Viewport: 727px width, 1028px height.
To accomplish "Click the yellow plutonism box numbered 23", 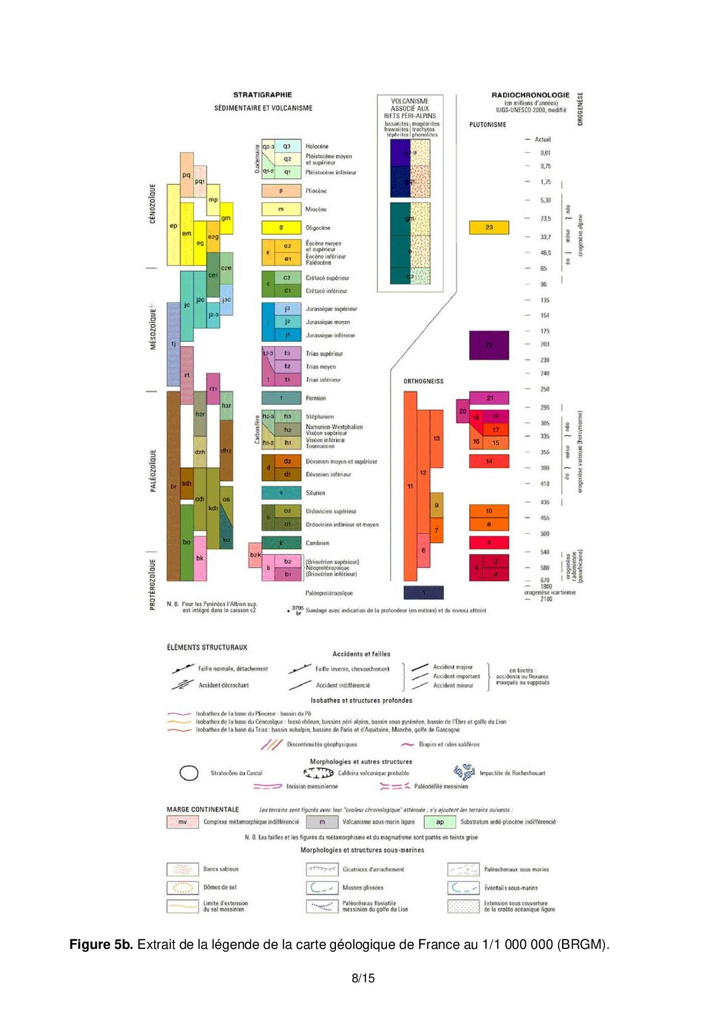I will (488, 227).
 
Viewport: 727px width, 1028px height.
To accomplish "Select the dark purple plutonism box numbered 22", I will (488, 345).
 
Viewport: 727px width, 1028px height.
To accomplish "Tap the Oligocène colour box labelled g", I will (281, 227).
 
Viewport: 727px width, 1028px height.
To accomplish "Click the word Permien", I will (315, 399).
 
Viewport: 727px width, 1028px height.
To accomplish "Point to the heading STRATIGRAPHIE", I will (262, 95).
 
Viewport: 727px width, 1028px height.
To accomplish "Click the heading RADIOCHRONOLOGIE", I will (530, 95).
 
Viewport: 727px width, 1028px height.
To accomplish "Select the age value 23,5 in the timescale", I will (545, 219).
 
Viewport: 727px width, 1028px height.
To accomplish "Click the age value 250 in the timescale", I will (545, 389).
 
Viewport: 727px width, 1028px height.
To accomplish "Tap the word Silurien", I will (315, 493).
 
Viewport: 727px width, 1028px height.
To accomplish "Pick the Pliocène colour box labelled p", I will (281, 191).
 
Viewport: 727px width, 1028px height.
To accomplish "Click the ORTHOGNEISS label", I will (423, 382).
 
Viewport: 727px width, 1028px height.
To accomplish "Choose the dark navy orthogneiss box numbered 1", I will (423, 593).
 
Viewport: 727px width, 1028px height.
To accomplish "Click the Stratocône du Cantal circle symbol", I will (189, 774).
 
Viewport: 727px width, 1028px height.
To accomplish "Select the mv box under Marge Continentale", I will (182, 822).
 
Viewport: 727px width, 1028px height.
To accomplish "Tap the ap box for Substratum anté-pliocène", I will (439, 822).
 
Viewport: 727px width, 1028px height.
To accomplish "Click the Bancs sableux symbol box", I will (182, 869).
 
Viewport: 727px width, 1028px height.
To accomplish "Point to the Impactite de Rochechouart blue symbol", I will (464, 772).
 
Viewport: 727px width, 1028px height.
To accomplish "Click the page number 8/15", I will (363, 978).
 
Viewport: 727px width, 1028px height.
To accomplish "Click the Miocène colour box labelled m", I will (281, 209).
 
